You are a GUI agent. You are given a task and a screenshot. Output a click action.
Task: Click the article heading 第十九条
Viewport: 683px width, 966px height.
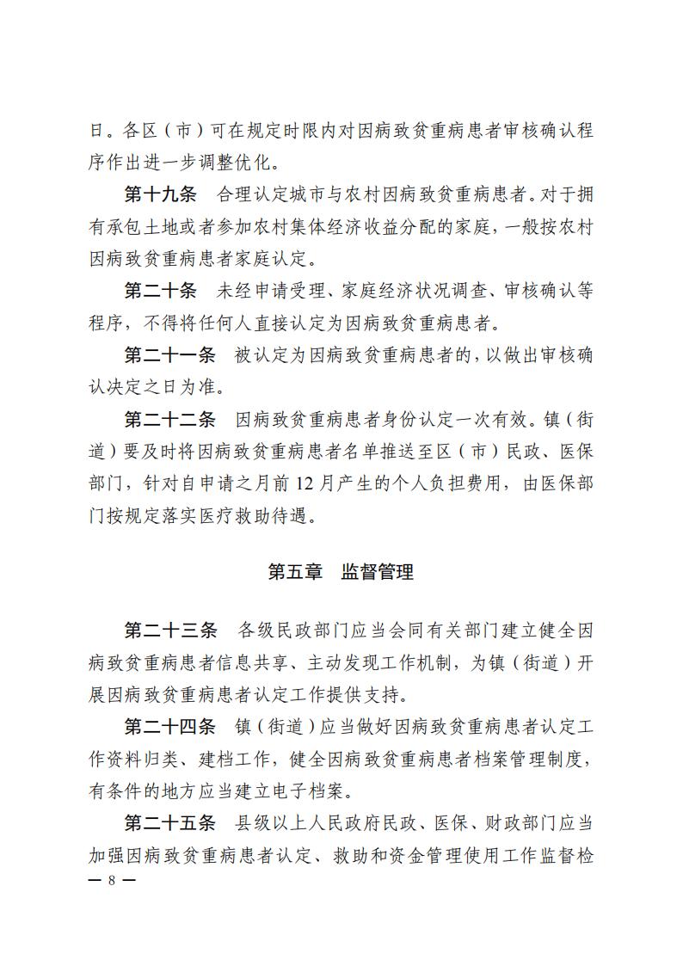pos(160,194)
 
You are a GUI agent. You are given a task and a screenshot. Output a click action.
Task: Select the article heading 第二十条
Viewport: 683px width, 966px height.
pos(160,290)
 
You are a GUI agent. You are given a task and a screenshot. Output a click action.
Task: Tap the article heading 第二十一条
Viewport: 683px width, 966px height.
pos(170,354)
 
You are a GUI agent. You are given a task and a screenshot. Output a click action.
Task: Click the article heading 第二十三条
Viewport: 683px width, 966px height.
pos(170,630)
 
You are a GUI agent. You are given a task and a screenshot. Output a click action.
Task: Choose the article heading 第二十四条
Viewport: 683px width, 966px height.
pos(170,727)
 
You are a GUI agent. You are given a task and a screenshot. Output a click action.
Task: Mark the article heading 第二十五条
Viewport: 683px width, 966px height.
pos(170,823)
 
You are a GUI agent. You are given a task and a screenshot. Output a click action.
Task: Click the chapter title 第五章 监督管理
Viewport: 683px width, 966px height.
pos(341,571)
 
